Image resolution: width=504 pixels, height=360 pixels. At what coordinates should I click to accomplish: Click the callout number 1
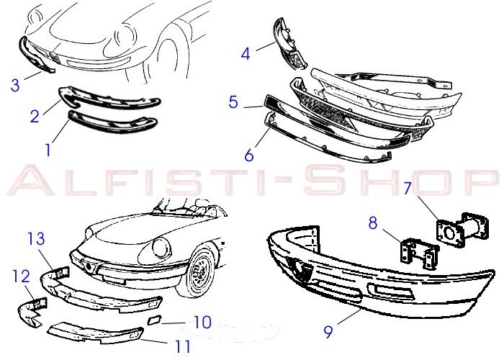tap(48, 150)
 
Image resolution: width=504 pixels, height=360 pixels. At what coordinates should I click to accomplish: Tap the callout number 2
tap(35, 116)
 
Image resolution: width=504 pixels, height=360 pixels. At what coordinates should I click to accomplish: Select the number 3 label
tap(15, 86)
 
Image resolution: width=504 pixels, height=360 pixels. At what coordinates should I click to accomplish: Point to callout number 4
tap(246, 54)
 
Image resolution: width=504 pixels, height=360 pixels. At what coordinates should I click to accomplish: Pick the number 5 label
tap(234, 102)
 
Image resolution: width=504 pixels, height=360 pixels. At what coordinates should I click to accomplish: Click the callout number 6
tap(249, 155)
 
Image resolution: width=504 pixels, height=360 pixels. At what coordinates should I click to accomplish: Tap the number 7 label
tap(408, 189)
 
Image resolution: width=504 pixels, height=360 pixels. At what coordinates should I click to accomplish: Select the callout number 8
tap(373, 222)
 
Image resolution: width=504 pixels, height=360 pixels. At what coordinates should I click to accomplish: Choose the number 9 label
tap(328, 332)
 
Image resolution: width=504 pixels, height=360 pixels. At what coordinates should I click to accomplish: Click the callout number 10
tap(202, 323)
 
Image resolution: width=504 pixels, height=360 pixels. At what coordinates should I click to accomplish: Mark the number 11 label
tap(183, 346)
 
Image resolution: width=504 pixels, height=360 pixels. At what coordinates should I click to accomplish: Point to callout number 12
tap(22, 276)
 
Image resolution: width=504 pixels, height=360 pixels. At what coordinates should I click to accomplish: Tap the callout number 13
tap(36, 238)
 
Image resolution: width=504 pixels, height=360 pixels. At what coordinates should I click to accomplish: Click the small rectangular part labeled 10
tap(155, 320)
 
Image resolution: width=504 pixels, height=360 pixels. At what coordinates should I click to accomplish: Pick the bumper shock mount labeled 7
tap(462, 230)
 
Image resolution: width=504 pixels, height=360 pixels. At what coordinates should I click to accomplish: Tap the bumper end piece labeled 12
tap(32, 312)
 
